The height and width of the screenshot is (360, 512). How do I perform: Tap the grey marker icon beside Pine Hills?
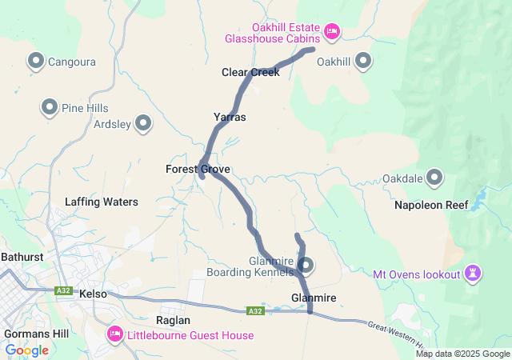click(x=49, y=107)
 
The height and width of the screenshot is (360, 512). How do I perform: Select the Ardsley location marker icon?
click(x=143, y=123)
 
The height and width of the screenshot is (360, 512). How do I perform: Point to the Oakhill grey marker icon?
click(x=363, y=61)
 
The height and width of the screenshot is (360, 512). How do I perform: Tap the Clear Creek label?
click(x=250, y=73)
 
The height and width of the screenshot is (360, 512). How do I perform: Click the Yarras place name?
click(x=230, y=118)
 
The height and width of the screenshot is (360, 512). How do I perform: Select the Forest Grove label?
click(x=198, y=170)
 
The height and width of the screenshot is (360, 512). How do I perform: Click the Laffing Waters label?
click(x=102, y=202)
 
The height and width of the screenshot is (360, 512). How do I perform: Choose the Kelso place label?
click(x=94, y=294)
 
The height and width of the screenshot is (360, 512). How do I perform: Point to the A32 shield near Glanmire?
click(x=255, y=310)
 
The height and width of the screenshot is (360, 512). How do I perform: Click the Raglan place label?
click(x=173, y=319)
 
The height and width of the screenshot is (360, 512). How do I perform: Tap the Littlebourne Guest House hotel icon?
click(x=114, y=332)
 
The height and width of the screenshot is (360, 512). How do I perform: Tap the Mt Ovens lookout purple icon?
click(x=474, y=274)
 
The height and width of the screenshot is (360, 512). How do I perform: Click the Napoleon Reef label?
click(x=431, y=206)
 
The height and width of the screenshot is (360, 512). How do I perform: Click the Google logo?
click(x=27, y=350)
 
